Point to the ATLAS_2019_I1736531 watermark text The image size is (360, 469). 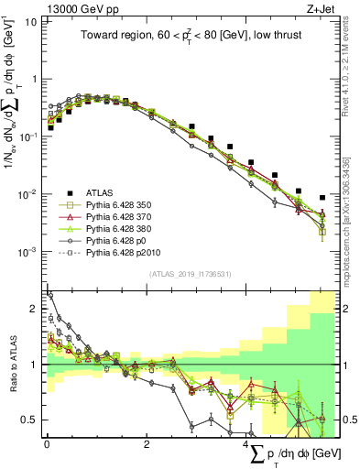[190, 274]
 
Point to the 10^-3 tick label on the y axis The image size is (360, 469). [27, 251]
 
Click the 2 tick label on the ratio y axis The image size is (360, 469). [34, 309]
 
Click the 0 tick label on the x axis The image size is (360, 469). [47, 444]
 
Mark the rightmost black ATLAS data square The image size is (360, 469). [322, 198]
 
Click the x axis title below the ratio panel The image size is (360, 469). [301, 454]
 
